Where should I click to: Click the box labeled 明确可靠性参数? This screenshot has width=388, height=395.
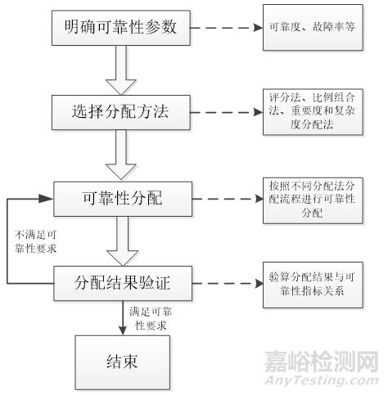coord(121,28)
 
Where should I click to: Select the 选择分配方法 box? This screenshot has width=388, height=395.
coord(121,112)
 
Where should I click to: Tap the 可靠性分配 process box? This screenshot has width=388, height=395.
coord(123,199)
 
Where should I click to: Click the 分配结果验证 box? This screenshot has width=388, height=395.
coord(123,284)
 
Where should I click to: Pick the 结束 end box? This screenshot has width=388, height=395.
coord(123,362)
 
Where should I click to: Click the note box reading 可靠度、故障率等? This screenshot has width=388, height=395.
coord(313,27)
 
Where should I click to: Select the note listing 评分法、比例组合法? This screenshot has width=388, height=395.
coord(313,112)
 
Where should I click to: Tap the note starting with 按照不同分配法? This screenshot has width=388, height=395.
coord(313,200)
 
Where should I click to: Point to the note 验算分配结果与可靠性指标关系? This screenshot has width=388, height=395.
coord(313,285)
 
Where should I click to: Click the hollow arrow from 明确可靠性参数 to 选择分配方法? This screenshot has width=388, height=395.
coord(121,70)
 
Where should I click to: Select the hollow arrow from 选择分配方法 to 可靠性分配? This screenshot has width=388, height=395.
coord(121,155)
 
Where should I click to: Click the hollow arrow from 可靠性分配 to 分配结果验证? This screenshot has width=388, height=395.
coord(123,241)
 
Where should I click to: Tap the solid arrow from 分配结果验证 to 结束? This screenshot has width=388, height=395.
coord(123,318)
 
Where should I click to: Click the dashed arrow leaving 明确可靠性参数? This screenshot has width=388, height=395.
coord(227,28)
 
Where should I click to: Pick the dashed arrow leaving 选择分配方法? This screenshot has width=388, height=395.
coord(227,112)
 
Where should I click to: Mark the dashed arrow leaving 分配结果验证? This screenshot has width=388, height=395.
coord(228,284)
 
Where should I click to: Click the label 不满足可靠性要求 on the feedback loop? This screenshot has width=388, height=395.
coord(35,241)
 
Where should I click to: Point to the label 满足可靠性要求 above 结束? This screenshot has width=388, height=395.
coord(151,318)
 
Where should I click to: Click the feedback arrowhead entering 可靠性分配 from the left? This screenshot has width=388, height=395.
coord(46,199)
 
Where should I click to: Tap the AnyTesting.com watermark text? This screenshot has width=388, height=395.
coord(322,380)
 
